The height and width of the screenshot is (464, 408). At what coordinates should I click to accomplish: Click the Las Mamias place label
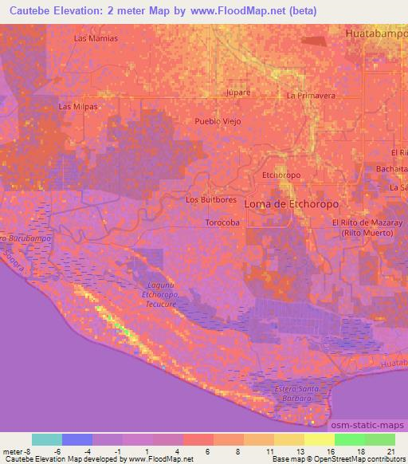[96, 38]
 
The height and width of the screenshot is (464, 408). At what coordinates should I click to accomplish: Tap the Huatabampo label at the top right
[376, 34]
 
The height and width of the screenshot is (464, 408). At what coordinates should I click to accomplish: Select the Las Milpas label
[78, 107]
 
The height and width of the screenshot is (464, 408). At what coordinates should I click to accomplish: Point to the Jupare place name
[238, 92]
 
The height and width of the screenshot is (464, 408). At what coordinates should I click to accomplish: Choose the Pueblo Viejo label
[218, 121]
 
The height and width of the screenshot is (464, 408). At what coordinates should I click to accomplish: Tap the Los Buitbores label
[210, 199]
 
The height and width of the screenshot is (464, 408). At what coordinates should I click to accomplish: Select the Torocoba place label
[222, 222]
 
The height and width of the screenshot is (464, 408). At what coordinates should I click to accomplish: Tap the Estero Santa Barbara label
[296, 392]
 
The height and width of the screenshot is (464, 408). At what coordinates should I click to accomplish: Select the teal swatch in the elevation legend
[47, 439]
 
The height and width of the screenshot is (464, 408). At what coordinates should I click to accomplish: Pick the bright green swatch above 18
[349, 439]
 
